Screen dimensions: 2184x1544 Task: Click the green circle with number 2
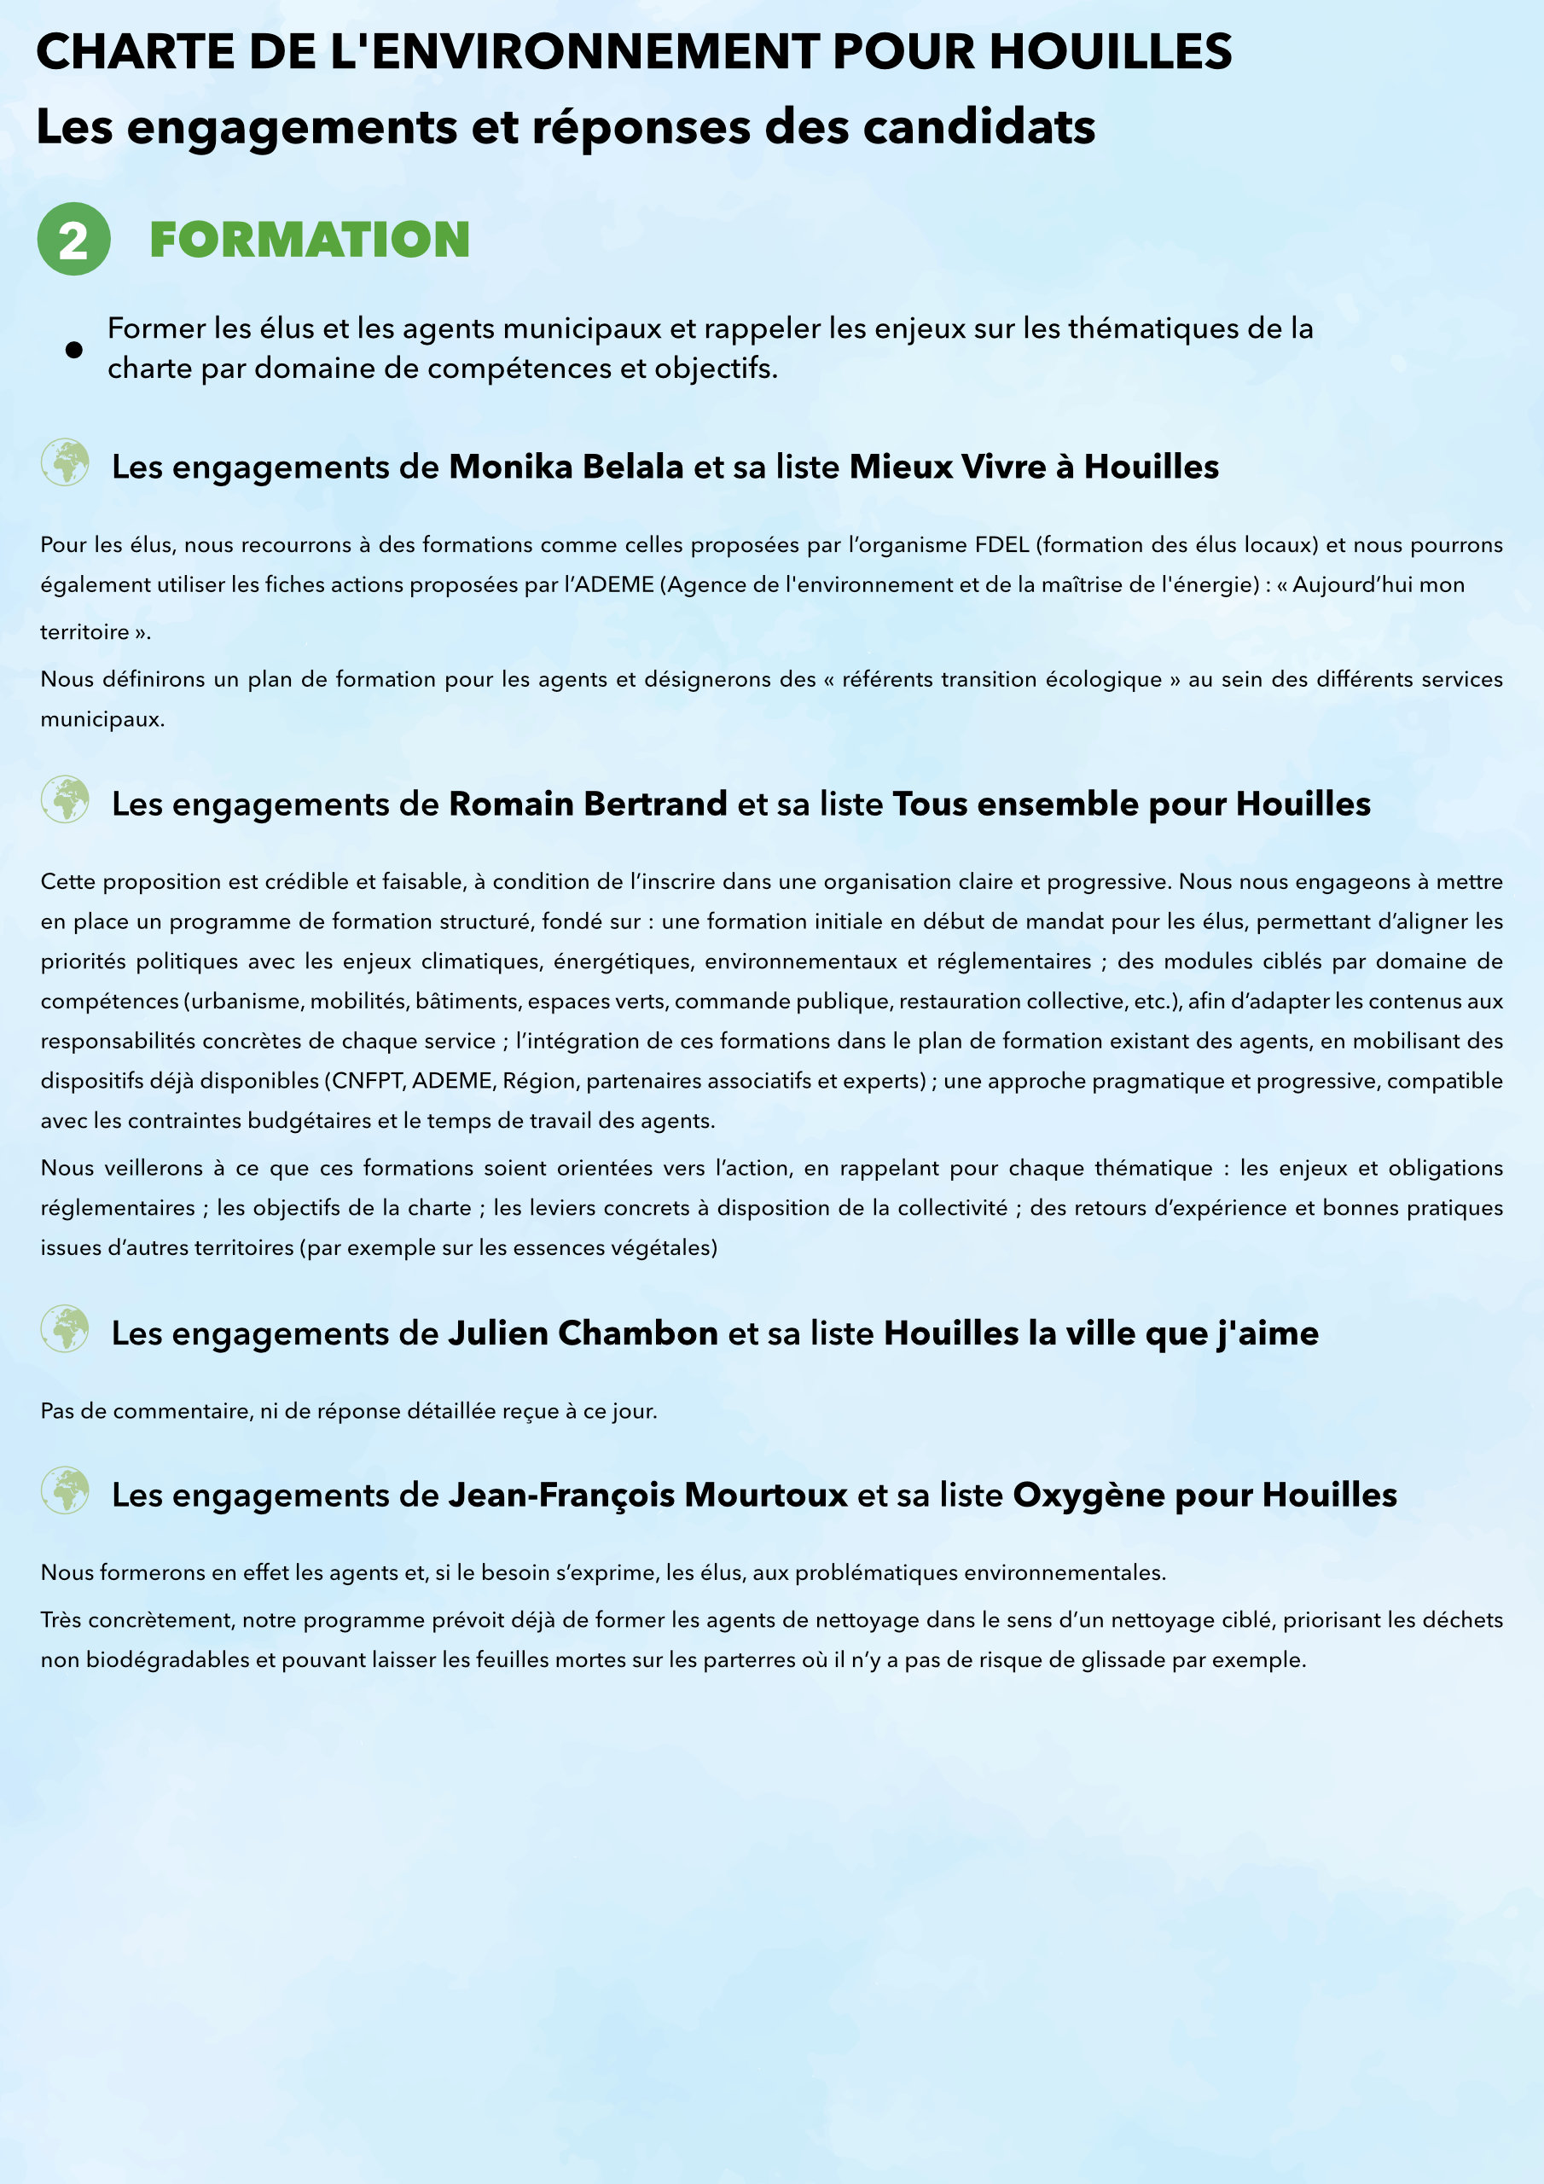[x=73, y=239]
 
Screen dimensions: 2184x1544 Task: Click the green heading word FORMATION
[x=309, y=240]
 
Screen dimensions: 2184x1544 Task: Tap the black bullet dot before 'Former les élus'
[x=73, y=349]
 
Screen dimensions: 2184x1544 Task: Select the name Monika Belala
[x=566, y=467]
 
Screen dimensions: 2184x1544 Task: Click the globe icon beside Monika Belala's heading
[x=65, y=463]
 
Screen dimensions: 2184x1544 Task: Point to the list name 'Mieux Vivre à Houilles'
[x=1034, y=467]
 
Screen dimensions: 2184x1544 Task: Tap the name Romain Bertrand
[x=588, y=804]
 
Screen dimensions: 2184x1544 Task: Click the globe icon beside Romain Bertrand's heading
[x=65, y=800]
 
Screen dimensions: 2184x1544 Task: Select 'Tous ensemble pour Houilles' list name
[x=1131, y=804]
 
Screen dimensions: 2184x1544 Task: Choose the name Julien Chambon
[x=583, y=1333]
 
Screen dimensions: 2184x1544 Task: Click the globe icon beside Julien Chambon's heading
[x=65, y=1329]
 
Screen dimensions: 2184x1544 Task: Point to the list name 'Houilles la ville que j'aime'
[x=1100, y=1333]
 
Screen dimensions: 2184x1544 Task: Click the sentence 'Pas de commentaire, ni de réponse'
[x=348, y=1411]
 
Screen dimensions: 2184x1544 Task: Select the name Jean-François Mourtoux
[x=647, y=1496]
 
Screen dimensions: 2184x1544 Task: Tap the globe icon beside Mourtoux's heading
[x=65, y=1490]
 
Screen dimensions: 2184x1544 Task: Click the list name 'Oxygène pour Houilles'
[x=1204, y=1496]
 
